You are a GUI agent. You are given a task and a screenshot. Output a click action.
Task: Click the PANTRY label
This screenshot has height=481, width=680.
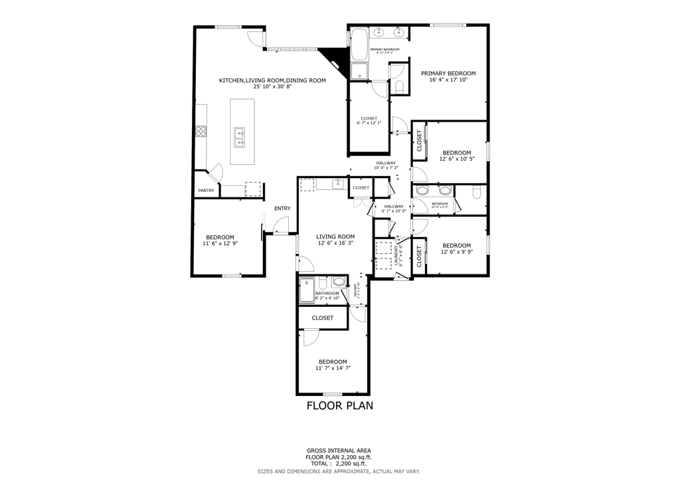[x=206, y=191]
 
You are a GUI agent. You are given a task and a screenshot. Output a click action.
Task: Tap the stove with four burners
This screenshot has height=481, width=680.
[x=200, y=132]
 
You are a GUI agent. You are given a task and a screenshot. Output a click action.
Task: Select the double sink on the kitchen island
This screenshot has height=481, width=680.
[x=240, y=137]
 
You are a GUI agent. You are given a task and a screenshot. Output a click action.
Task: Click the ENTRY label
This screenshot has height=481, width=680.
[x=282, y=209]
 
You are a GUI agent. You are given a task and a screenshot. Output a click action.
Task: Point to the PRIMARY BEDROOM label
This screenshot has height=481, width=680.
[x=448, y=73]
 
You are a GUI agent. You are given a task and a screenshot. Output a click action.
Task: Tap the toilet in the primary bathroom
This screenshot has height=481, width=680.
[x=398, y=86]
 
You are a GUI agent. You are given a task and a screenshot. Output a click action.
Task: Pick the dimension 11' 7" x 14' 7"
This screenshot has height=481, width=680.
[x=332, y=368]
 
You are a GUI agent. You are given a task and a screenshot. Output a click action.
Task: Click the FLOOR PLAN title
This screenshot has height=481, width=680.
[x=339, y=405]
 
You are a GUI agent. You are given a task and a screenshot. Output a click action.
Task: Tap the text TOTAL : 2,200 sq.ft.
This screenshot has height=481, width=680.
[x=339, y=464]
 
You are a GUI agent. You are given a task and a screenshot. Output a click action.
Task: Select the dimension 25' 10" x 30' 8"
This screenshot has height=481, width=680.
[x=272, y=87]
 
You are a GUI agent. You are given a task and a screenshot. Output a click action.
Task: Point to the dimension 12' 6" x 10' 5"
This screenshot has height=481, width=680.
[x=456, y=159]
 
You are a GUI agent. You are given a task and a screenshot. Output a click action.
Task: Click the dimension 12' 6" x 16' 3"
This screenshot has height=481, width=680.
[x=335, y=243]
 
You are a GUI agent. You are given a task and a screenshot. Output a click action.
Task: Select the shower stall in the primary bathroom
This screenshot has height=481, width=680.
[x=359, y=70]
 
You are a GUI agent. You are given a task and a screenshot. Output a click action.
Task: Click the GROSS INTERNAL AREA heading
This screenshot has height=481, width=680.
[x=339, y=450]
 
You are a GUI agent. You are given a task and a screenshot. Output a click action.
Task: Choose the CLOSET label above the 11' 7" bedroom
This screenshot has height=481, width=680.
[x=322, y=318]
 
